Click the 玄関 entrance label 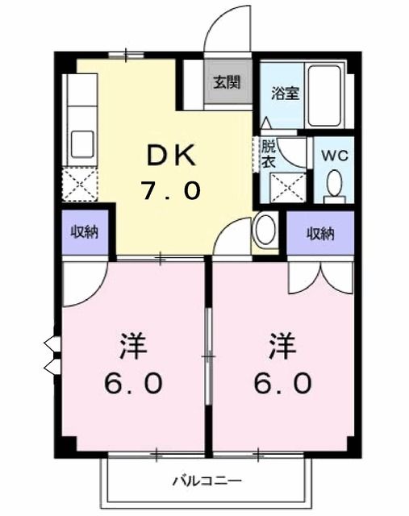point(227,81)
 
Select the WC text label point(335,156)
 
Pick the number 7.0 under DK point(170,191)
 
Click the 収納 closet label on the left point(83,233)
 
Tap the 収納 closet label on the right point(320,234)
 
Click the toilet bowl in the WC point(335,186)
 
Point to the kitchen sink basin point(82,144)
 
